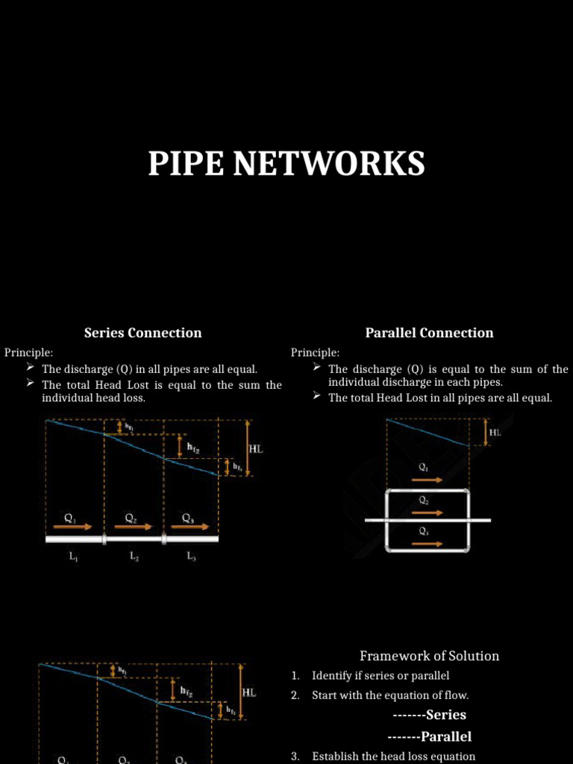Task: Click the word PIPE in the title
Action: [x=187, y=163]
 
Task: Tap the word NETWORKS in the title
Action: [x=329, y=163]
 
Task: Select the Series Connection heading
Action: [x=143, y=333]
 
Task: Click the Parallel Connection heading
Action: [x=429, y=333]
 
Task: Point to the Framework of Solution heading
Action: [x=429, y=656]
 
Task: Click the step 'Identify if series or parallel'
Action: [x=381, y=676]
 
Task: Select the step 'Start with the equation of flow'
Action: [x=390, y=695]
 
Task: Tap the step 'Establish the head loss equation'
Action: [x=393, y=756]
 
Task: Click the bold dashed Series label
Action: [x=429, y=715]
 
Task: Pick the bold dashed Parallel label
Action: [x=429, y=736]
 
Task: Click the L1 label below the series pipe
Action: [x=74, y=556]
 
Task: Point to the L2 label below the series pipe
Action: [x=134, y=556]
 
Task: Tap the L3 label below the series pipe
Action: [x=192, y=556]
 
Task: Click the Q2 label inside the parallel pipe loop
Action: [x=424, y=501]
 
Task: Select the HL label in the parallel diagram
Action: [x=495, y=433]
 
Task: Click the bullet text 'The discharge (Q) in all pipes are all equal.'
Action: [x=149, y=369]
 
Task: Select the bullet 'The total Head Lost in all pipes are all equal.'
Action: [x=440, y=398]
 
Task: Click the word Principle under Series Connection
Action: [x=28, y=352]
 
